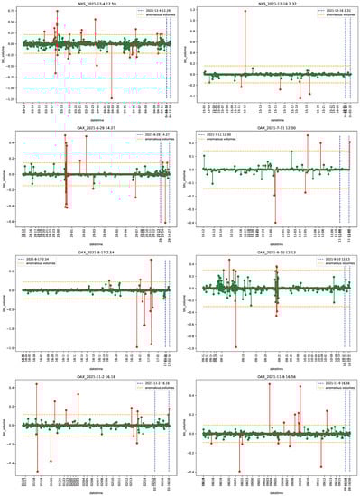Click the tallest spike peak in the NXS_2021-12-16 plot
point(244,12)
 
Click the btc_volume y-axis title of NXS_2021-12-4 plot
point(5,53)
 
